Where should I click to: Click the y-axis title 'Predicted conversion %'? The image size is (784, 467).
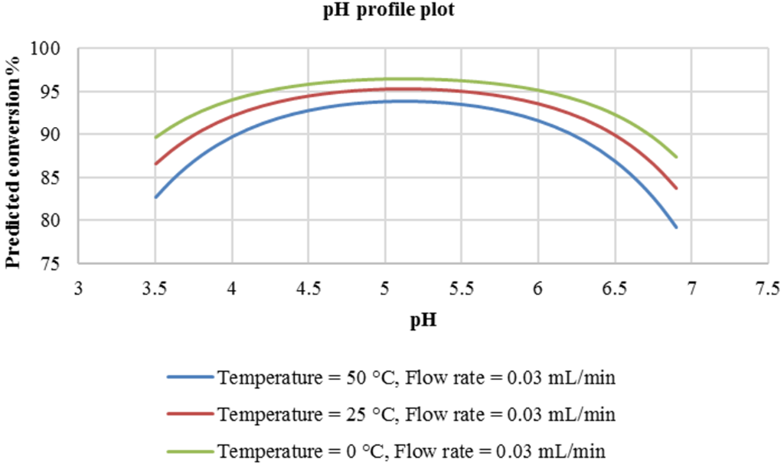[x=12, y=156]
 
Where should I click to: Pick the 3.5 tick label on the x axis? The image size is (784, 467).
[x=155, y=289]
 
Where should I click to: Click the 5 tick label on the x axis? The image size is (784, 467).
[x=384, y=289]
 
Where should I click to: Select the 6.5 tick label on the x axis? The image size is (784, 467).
[x=614, y=289]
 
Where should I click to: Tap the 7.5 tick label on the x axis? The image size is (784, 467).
[x=767, y=289]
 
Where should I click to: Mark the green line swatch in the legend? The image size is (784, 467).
[x=189, y=452]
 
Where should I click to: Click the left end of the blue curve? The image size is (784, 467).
[x=155, y=198]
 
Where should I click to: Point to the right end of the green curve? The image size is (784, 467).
[x=676, y=157]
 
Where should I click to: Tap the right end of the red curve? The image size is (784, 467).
[x=676, y=188]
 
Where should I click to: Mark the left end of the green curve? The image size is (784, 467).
[x=155, y=138]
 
